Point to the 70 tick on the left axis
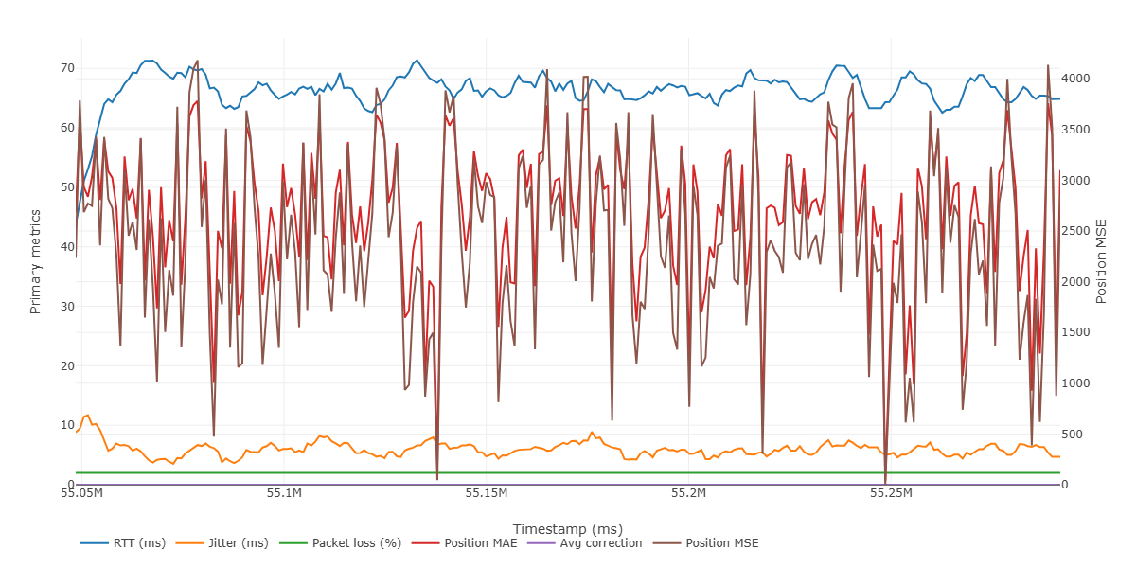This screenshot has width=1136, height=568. coord(66,68)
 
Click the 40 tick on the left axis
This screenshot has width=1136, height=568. coord(66,247)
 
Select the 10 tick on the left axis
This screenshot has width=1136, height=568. coord(66,425)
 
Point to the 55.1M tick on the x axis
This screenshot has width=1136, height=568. coord(284,493)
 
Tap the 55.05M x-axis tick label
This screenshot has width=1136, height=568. coord(81,493)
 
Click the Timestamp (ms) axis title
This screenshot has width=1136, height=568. coord(567,528)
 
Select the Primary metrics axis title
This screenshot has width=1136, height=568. coord(36,261)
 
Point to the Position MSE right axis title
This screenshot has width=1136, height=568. coord(1101,261)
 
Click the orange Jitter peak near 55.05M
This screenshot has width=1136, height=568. coord(88,415)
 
